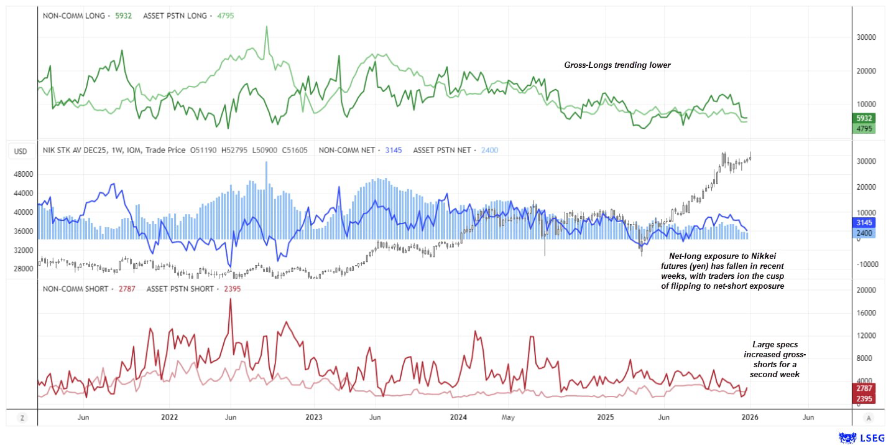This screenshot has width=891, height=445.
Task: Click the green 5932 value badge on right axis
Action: tap(864, 118)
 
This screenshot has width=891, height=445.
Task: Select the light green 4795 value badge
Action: tap(864, 129)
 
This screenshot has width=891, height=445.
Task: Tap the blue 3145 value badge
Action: tap(864, 222)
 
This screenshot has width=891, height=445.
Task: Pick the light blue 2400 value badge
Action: tap(864, 233)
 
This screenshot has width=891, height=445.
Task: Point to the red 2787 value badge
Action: tap(864, 388)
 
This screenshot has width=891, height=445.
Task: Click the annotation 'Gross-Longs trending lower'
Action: tap(617, 65)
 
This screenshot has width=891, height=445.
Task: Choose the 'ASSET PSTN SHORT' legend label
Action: tap(180, 289)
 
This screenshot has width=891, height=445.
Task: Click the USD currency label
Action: tap(21, 151)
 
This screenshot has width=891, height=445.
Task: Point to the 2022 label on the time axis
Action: tap(170, 417)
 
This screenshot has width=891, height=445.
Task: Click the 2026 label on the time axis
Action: tap(750, 417)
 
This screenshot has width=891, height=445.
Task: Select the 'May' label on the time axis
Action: tap(508, 417)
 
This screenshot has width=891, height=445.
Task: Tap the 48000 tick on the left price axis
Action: tap(23, 174)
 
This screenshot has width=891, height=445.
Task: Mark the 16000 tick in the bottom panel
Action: tap(867, 313)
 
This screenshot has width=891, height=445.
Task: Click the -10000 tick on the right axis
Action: tap(866, 264)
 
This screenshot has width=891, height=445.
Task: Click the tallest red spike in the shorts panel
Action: tap(230, 299)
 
